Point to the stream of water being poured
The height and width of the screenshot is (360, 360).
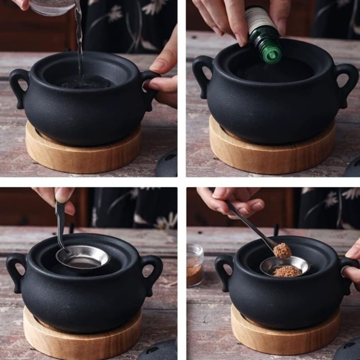[79, 40]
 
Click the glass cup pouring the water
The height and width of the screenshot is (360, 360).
[52, 7]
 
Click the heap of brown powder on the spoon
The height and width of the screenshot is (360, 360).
[282, 251]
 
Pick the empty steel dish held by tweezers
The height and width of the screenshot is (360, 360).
[83, 257]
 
